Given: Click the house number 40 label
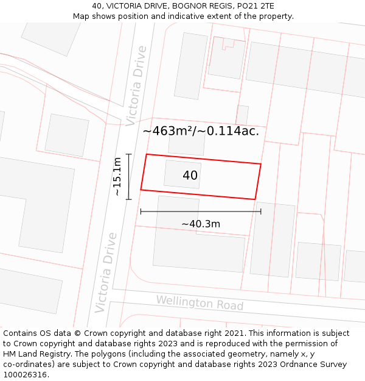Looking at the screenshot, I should [190, 176].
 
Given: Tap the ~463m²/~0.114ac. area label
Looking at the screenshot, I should [201, 130].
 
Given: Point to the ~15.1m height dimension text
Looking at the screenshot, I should [117, 176].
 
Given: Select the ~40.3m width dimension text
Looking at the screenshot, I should [201, 224].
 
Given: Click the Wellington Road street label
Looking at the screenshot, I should [200, 303].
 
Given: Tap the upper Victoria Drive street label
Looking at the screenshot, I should [136, 86].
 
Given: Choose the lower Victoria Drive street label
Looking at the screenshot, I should [105, 272].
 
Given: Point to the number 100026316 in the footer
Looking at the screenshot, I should [24, 374].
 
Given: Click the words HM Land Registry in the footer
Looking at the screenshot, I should [31, 354].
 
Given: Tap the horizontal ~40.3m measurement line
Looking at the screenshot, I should [201, 212].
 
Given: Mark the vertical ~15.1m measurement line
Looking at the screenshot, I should [129, 176].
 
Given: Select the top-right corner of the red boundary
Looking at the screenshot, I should [261, 164].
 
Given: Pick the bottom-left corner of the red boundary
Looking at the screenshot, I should [141, 190].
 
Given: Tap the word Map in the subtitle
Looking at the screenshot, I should [82, 16].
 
